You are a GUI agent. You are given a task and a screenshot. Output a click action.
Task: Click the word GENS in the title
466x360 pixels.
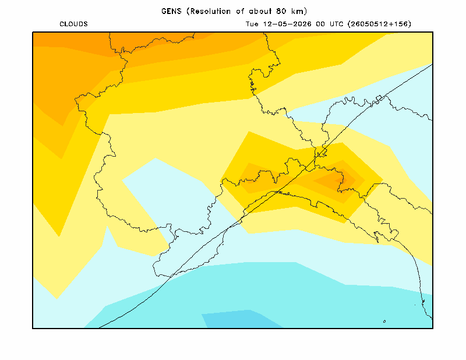pos(171,11)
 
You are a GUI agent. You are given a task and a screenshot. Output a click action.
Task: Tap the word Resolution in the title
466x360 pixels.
pos(210,11)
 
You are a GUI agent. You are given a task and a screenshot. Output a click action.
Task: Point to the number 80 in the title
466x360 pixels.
pos(281,11)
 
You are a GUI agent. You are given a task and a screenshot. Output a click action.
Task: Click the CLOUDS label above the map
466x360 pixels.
pos(74,24)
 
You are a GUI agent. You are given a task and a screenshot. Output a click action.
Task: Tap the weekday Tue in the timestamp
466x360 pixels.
pos(252,24)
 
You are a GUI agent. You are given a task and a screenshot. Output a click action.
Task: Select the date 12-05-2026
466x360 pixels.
pos(287,24)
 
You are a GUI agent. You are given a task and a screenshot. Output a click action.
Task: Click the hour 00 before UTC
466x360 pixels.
pos(320,24)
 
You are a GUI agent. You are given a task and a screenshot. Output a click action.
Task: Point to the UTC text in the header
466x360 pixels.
pos(337,24)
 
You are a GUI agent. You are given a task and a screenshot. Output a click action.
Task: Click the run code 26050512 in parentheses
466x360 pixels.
pos(368,24)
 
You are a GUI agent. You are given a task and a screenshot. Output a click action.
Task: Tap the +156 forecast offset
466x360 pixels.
pos(397,24)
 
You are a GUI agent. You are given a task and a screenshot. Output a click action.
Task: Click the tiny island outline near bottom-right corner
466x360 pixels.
pos(384,322)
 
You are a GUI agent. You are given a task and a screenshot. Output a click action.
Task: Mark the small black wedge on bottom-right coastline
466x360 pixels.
pos(423,302)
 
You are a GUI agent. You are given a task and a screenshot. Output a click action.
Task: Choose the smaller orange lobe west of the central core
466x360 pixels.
pos(256,178)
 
